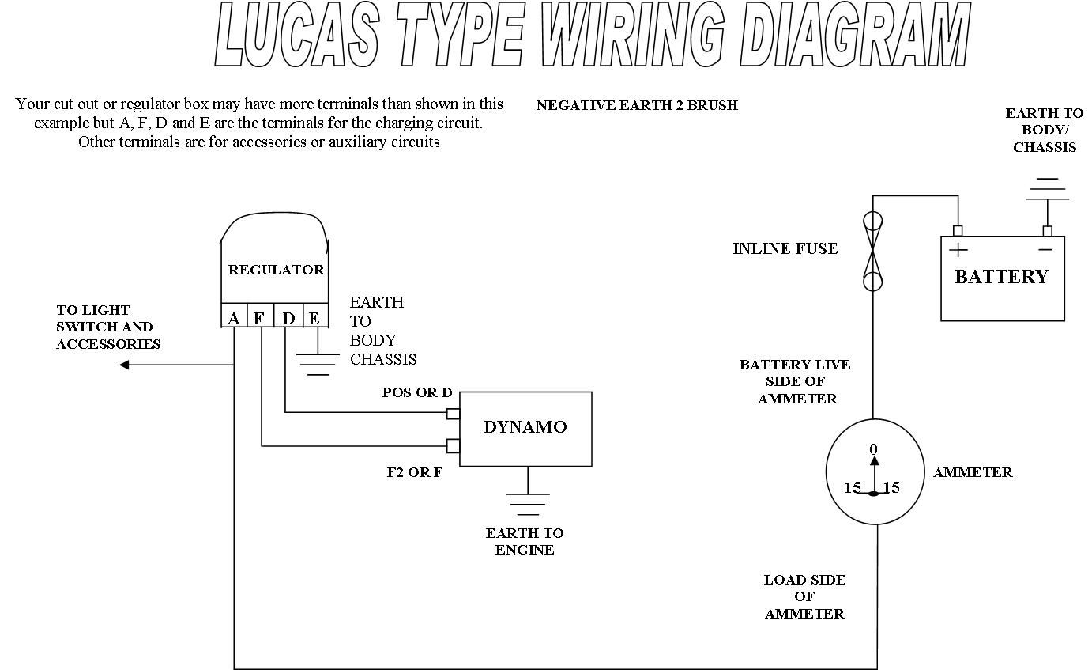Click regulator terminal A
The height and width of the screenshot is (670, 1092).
tap(234, 318)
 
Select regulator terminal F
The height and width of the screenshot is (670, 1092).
tap(260, 318)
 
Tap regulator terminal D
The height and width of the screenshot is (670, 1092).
tap(288, 318)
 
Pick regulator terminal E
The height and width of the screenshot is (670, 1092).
tap(314, 318)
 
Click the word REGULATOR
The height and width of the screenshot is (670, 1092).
tap(276, 270)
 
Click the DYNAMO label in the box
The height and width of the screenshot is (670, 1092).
tap(525, 427)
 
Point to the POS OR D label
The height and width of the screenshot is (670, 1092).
tap(417, 392)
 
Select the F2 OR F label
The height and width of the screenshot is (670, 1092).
tap(414, 472)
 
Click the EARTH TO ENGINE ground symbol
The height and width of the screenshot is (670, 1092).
tap(528, 503)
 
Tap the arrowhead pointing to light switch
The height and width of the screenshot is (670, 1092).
tap(124, 365)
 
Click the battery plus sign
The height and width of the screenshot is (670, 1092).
tap(958, 251)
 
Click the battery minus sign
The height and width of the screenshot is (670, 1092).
tap(1045, 250)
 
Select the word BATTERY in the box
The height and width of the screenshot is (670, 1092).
tap(1001, 277)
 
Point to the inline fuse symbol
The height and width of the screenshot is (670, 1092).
tap(872, 251)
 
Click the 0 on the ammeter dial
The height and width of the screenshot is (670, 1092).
tap(873, 449)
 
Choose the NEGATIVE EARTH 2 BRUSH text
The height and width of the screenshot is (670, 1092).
tap(637, 105)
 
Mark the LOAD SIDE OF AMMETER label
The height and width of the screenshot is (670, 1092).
tap(804, 596)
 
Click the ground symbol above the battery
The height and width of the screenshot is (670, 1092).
tap(1047, 189)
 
